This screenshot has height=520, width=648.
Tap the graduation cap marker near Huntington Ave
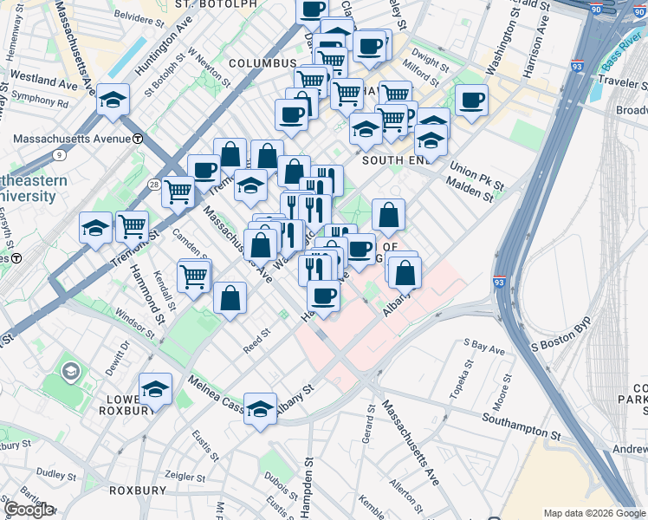[x=113, y=101]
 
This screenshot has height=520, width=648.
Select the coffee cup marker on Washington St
[x=471, y=101]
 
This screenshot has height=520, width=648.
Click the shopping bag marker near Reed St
[x=230, y=299]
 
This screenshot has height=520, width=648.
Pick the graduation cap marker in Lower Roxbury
[x=155, y=388]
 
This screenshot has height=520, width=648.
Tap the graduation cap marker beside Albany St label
[x=260, y=409]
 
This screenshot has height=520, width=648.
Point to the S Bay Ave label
[x=483, y=348]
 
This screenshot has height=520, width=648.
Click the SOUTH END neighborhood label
[x=395, y=160]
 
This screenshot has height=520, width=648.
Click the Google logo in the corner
[x=29, y=510]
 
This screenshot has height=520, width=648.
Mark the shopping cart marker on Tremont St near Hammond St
[x=132, y=227]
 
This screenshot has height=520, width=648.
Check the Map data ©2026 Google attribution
[x=593, y=513]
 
